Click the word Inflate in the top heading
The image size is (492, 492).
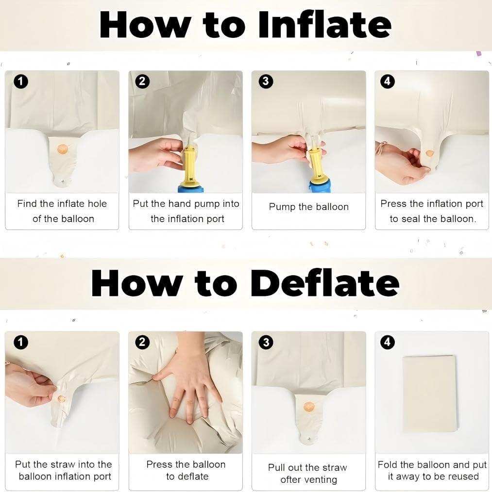coord(325,24)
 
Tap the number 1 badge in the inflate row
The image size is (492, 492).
coord(21,82)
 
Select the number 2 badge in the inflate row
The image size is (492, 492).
coord(142,81)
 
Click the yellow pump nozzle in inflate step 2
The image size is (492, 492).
coord(190,166)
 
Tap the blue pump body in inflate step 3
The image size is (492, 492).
coord(320,187)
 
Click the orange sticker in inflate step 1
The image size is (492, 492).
coord(63,149)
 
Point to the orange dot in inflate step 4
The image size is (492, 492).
coord(429,153)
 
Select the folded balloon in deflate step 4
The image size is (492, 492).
coord(428,394)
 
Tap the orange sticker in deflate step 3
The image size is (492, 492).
coord(309,407)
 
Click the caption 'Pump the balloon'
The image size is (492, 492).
coord(308,207)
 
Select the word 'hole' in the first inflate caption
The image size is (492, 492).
coord(97,204)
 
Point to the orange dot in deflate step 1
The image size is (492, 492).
coord(62,399)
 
